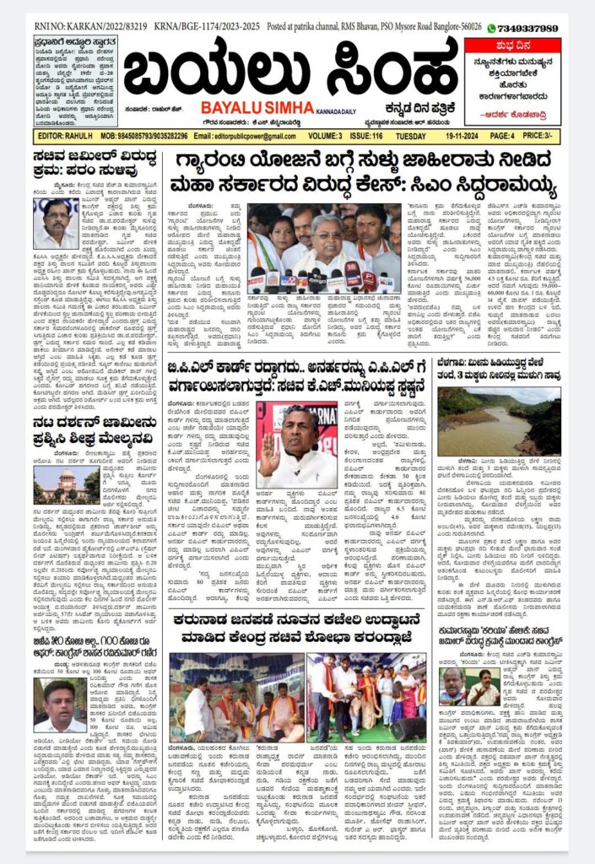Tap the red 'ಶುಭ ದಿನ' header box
512,47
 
